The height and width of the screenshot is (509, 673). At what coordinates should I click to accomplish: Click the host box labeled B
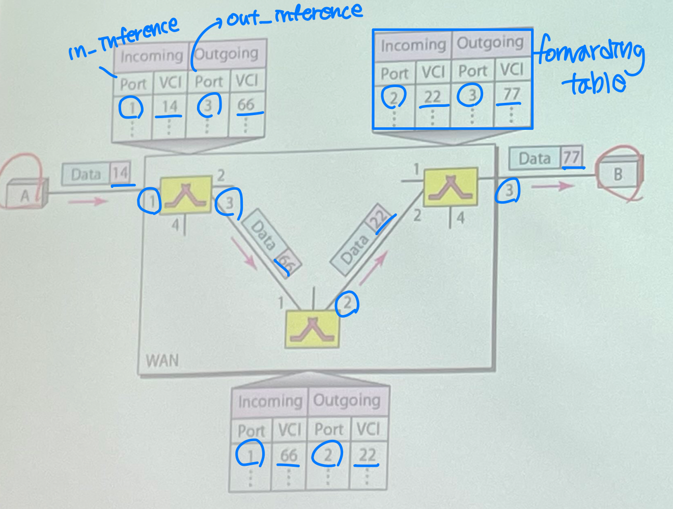coord(619,175)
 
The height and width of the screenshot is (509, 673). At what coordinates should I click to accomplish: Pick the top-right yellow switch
coord(451,187)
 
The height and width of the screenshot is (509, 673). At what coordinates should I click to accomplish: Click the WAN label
coord(162,361)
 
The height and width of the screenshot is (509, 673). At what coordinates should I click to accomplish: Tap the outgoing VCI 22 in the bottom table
coord(368,455)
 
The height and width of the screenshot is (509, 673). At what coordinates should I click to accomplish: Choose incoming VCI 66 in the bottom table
coord(289,455)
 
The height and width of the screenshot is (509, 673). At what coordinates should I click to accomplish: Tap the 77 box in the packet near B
coord(572,158)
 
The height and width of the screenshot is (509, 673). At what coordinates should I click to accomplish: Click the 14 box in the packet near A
coord(121,174)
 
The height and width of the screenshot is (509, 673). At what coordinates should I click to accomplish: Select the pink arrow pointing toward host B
coord(552,186)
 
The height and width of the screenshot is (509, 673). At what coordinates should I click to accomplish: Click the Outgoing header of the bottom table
coord(347,401)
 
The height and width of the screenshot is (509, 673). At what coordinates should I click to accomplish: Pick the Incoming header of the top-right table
coord(413,46)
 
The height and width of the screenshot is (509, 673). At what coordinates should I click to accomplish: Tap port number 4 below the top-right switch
coord(461,218)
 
